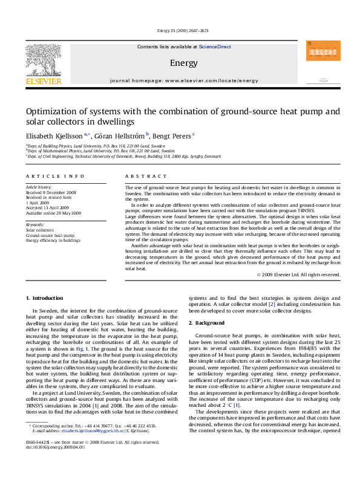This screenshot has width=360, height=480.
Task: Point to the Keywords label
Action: click(x=35, y=224)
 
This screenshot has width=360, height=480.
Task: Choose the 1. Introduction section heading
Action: click(x=47, y=299)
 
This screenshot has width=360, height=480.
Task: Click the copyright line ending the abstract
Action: click(x=298, y=274)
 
